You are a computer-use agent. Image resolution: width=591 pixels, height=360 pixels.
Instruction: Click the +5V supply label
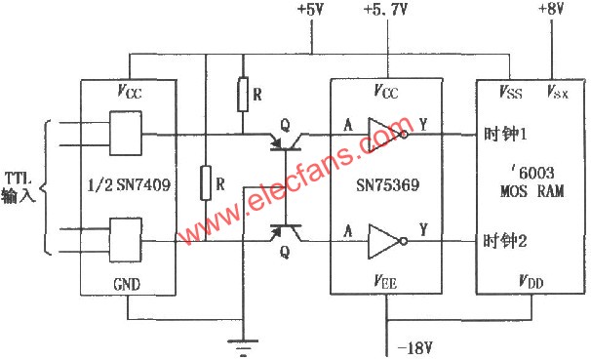(x=311, y=11)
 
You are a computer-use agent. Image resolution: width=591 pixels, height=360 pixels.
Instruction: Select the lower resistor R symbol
(x=206, y=182)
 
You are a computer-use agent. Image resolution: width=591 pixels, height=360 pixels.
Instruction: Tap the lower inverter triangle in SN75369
(x=383, y=238)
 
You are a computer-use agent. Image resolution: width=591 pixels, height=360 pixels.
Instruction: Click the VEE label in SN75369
(x=386, y=279)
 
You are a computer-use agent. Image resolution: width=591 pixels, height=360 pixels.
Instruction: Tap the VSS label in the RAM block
(x=510, y=92)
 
